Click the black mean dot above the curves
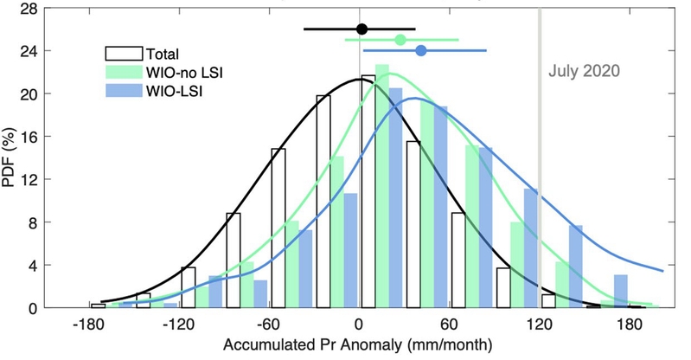pyautogui.click(x=362, y=29)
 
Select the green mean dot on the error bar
pyautogui.click(x=400, y=39)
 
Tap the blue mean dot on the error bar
pyautogui.click(x=421, y=51)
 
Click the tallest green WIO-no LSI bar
pyautogui.click(x=382, y=186)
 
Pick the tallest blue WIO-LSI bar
pyautogui.click(x=396, y=197)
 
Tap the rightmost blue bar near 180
pyautogui.click(x=620, y=291)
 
